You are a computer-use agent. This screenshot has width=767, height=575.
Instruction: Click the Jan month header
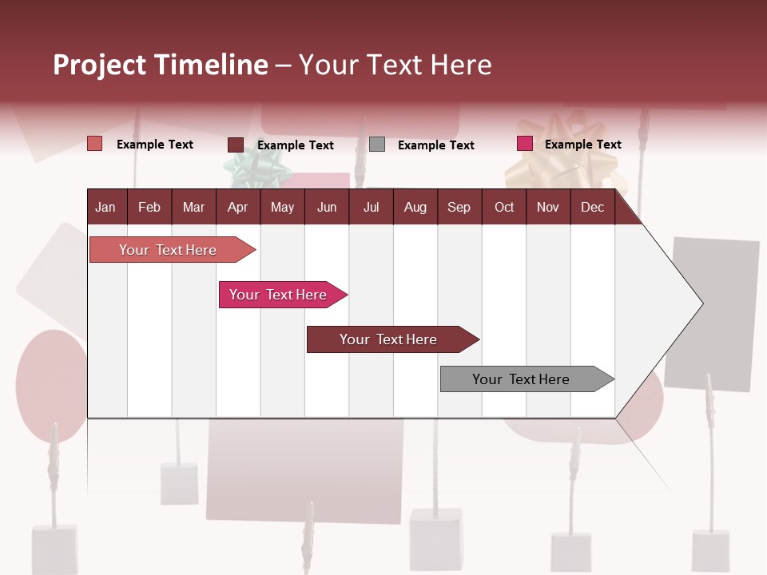[105, 207]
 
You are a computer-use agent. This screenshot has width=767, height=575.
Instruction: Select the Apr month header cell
[237, 207]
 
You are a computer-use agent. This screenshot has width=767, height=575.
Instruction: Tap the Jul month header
[371, 207]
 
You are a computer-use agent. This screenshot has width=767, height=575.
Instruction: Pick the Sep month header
[459, 207]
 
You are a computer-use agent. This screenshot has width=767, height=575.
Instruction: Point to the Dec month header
[592, 207]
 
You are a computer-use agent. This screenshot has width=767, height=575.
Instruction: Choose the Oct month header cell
[504, 207]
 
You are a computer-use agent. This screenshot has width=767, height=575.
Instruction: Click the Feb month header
[149, 207]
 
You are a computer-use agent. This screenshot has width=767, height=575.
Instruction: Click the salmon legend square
[95, 144]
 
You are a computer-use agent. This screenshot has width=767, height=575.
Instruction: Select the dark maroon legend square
[236, 145]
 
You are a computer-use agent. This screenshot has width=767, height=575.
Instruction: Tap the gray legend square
[377, 145]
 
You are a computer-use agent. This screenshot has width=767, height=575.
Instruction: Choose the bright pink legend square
[525, 144]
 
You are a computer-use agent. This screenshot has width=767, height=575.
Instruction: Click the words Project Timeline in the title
[160, 65]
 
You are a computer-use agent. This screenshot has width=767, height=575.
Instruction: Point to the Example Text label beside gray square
[435, 145]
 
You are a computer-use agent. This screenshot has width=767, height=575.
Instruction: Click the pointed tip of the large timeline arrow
[701, 303]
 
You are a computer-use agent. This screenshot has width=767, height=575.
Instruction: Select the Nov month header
[548, 207]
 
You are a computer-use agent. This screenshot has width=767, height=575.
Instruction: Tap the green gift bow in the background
[255, 165]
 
